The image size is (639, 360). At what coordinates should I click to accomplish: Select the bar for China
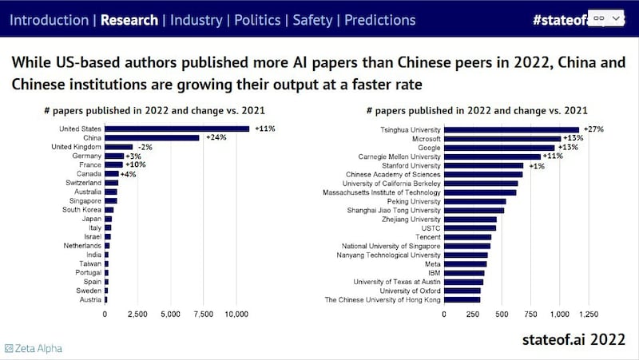pos(152,138)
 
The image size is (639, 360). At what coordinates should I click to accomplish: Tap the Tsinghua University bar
pos(511,129)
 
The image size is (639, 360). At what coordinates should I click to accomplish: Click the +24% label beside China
pos(216,138)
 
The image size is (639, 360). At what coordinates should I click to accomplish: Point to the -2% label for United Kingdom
pos(145,147)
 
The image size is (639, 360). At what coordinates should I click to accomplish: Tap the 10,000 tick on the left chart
pos(236,315)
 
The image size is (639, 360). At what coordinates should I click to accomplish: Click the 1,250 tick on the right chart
pos(588,315)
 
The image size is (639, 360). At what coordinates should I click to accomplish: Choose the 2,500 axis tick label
pos(138,315)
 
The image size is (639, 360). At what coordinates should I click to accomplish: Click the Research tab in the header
pos(129,19)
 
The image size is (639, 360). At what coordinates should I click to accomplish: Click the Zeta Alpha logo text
pos(34,348)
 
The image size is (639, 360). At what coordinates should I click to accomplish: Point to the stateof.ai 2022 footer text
pos(573,339)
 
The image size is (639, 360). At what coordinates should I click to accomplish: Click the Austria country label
pos(89,299)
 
